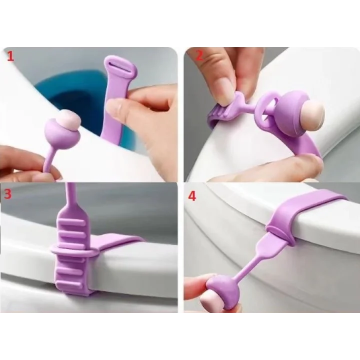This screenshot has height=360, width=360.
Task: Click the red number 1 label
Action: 9,56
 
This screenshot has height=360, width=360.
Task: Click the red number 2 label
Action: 199,56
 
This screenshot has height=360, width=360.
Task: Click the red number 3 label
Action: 7,194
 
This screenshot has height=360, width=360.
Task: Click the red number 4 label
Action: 192,195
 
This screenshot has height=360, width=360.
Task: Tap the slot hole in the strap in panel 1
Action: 116,63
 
